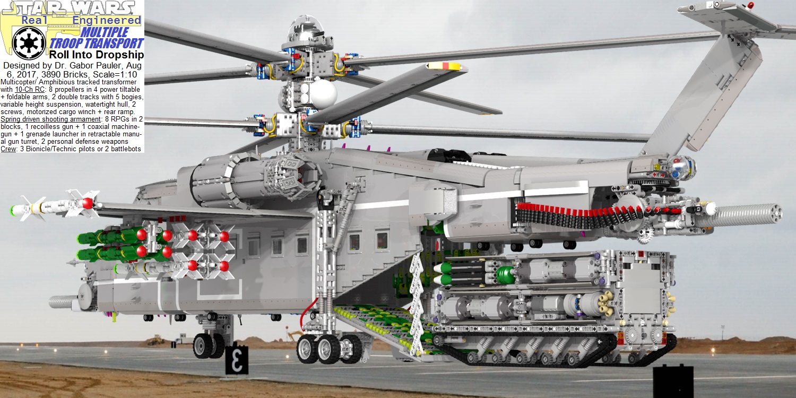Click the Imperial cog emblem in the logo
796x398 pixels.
(x=29, y=44)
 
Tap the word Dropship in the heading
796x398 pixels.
(x=122, y=55)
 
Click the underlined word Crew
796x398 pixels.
(x=8, y=149)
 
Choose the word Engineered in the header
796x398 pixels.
(x=107, y=20)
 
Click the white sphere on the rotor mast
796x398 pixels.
(x=323, y=92)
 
